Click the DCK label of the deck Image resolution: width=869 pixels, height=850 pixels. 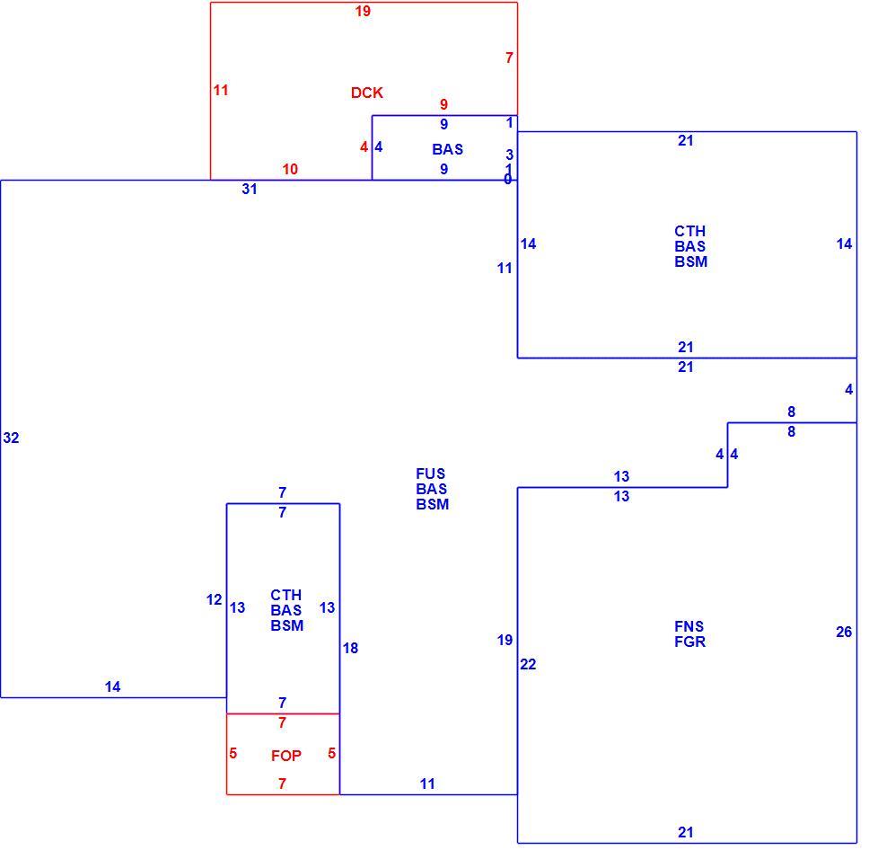click(367, 93)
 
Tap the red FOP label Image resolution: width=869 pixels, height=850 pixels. click(286, 756)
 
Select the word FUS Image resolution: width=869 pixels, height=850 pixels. click(431, 474)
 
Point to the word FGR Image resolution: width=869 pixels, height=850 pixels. click(690, 642)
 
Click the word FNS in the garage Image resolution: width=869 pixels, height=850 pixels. click(689, 626)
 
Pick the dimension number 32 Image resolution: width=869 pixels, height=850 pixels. click(11, 438)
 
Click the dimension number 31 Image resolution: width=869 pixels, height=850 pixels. click(250, 190)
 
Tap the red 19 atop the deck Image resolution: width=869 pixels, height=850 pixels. click(363, 11)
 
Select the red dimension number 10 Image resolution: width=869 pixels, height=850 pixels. click(290, 169)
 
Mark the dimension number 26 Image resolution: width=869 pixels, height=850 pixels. click(844, 632)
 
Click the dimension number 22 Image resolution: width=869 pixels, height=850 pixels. click(528, 664)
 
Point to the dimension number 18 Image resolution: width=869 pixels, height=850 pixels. click(350, 648)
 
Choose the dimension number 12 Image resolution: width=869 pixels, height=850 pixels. click(214, 600)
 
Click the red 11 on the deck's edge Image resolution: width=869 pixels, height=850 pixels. click(221, 90)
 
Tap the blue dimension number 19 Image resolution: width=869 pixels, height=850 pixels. click(505, 641)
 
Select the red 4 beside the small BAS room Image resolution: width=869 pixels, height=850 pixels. click(364, 147)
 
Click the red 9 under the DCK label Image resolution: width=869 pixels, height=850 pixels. click(443, 104)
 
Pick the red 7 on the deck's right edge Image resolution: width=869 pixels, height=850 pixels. click(509, 58)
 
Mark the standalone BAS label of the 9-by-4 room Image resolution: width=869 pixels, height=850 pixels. click(448, 149)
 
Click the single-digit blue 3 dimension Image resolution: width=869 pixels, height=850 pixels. click(509, 155)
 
